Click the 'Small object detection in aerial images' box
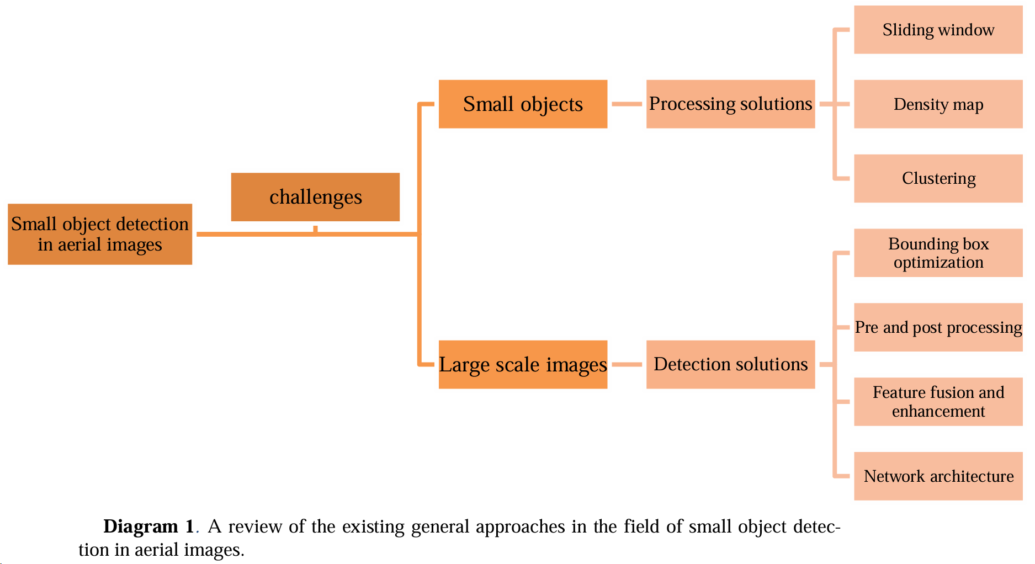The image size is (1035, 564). pyautogui.click(x=100, y=234)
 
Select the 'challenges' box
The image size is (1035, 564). pyautogui.click(x=315, y=197)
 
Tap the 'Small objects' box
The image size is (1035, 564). pyautogui.click(x=523, y=104)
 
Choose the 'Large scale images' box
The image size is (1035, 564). pyautogui.click(x=523, y=364)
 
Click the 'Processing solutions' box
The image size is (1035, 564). pyautogui.click(x=730, y=104)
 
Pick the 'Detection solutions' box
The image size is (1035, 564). pyautogui.click(x=730, y=364)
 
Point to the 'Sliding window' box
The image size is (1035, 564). pyautogui.click(x=938, y=30)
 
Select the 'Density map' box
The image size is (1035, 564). pyautogui.click(x=938, y=104)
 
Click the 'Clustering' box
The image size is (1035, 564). pyautogui.click(x=938, y=178)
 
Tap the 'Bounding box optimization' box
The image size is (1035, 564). pyautogui.click(x=938, y=253)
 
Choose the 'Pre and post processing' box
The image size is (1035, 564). pyautogui.click(x=938, y=327)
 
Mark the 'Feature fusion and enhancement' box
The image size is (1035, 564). pyautogui.click(x=938, y=402)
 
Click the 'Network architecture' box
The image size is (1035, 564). pyautogui.click(x=938, y=476)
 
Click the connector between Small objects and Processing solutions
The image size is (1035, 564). pyautogui.click(x=627, y=104)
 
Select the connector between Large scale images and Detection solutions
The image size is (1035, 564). pyautogui.click(x=627, y=364)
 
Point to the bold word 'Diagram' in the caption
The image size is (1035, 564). pyautogui.click(x=140, y=526)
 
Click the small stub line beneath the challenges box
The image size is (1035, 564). pyautogui.click(x=315, y=228)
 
